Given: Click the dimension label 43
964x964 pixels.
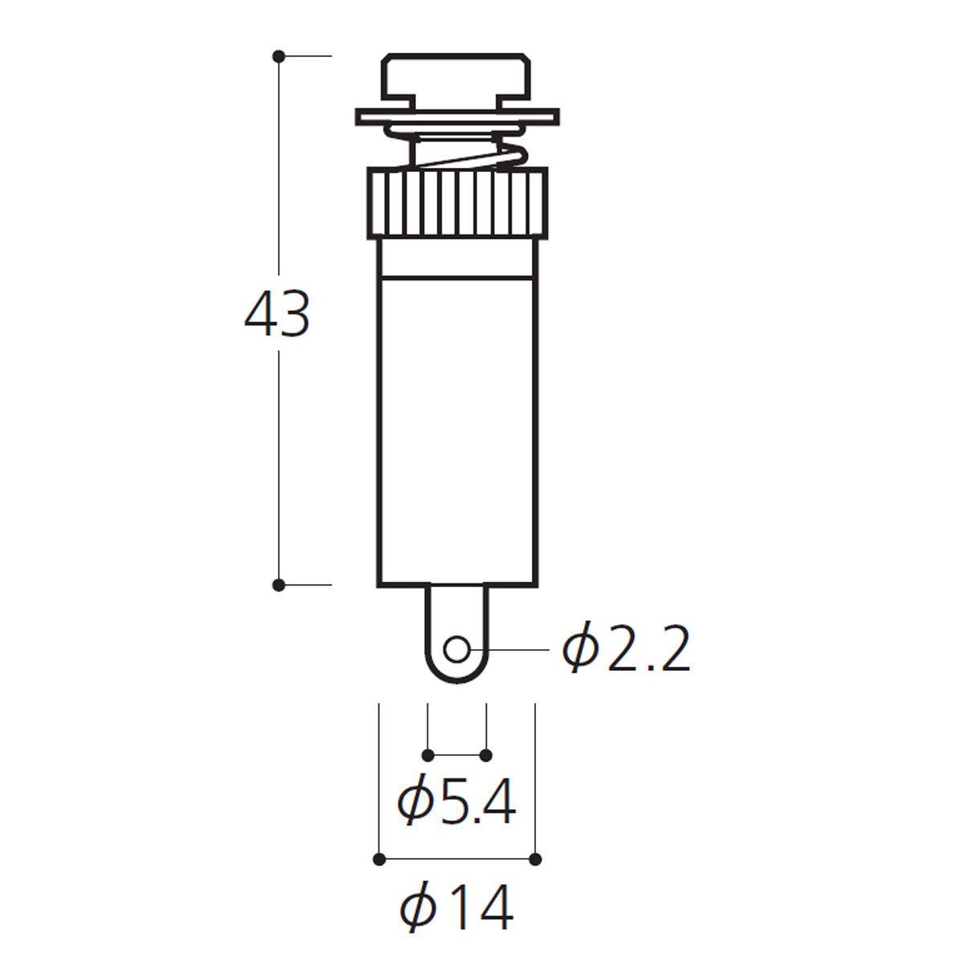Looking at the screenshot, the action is tap(277, 314).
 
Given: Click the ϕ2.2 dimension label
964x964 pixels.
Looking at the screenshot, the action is tap(627, 647).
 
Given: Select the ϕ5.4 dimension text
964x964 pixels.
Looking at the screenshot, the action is tap(456, 801).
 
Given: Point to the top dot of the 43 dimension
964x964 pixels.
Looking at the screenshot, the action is tap(279, 56).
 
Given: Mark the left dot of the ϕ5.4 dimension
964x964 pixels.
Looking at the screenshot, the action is tap(427, 755).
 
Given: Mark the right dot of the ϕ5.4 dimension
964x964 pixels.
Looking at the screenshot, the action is tap(486, 755).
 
